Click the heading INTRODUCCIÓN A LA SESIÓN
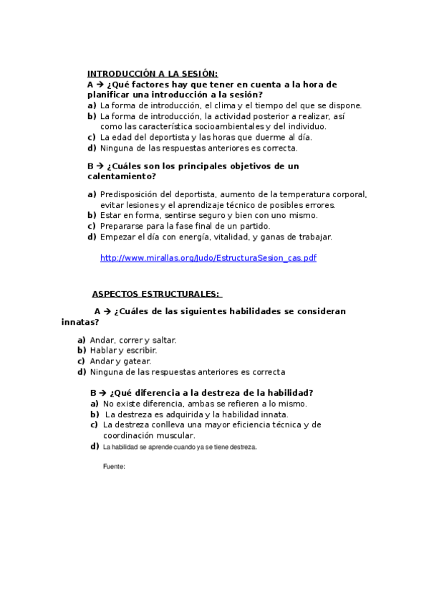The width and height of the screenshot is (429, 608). click(152, 73)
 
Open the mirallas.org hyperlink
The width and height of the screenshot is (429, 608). click(208, 258)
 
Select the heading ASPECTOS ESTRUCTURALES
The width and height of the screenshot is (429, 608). click(156, 294)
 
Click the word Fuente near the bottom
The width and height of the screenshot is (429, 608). click(115, 466)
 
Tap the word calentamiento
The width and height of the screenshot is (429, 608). click(122, 176)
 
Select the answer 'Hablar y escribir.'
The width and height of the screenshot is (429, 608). click(123, 351)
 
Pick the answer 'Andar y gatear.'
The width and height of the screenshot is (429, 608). click(120, 361)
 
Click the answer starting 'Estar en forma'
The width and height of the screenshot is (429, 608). click(208, 215)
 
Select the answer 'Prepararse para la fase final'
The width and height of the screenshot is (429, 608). click(185, 226)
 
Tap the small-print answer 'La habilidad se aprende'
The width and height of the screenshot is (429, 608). click(179, 447)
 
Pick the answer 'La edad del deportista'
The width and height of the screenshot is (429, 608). click(196, 137)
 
